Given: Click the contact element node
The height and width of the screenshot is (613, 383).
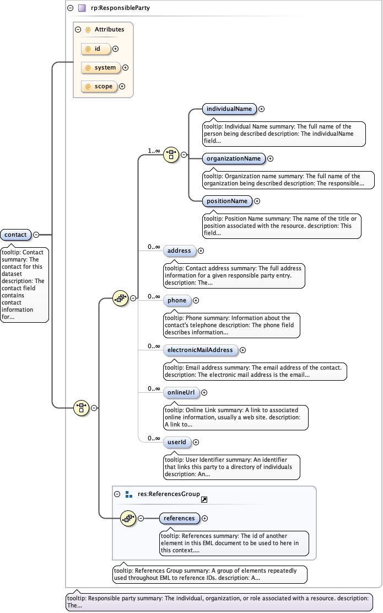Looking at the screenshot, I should pos(15,234).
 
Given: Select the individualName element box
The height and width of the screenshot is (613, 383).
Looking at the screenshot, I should pos(229,109).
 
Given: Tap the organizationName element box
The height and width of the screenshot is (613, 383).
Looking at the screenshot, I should pos(233,158).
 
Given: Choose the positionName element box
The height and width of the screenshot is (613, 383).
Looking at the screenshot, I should pos(226,201).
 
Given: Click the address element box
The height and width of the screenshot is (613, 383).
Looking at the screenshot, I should pos(179,250).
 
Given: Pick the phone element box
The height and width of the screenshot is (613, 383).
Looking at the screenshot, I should pos(177,300).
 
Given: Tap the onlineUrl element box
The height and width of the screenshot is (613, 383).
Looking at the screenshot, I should pos(181,392).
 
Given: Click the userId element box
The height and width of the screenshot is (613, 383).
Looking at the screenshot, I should pos(177,442).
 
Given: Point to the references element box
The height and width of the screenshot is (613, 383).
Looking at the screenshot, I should pos(179,518).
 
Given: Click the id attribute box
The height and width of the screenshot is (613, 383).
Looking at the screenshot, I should pos(96,49).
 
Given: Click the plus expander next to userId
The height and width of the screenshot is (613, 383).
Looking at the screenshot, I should pos(196,442).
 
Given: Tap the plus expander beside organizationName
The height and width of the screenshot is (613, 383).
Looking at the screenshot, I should pos(270,158).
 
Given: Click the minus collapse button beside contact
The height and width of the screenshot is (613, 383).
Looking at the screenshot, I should pos(36,234).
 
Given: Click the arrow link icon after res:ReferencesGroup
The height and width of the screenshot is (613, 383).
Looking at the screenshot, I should pos(204,499).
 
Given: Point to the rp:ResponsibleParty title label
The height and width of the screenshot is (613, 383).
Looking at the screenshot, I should pos(120,8).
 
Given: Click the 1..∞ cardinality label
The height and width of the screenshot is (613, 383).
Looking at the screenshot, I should pos(154,151).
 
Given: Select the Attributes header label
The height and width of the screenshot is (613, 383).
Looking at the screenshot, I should pos(109,29).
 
